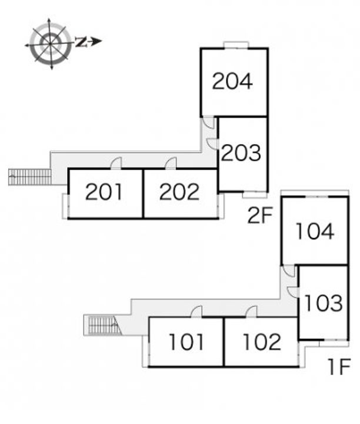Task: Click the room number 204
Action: coord(232,81)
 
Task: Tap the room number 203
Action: coord(241,153)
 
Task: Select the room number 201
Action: coord(104,192)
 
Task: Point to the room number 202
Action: coord(179,192)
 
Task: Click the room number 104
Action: coord(315,231)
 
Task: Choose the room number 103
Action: coord(324,303)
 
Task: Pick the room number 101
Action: coord(186,342)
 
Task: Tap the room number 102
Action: coord(262,342)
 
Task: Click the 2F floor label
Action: coord(261,215)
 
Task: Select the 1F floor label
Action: coord(340,367)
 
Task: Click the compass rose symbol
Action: coord(50,44)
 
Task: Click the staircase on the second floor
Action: coord(30,177)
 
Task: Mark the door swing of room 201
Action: coord(116,163)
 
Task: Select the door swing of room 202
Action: coord(171,163)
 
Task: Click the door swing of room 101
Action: coord(196,312)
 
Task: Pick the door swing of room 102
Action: coord(251,312)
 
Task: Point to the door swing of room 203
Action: coord(212,144)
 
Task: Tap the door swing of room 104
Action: coord(288,271)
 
